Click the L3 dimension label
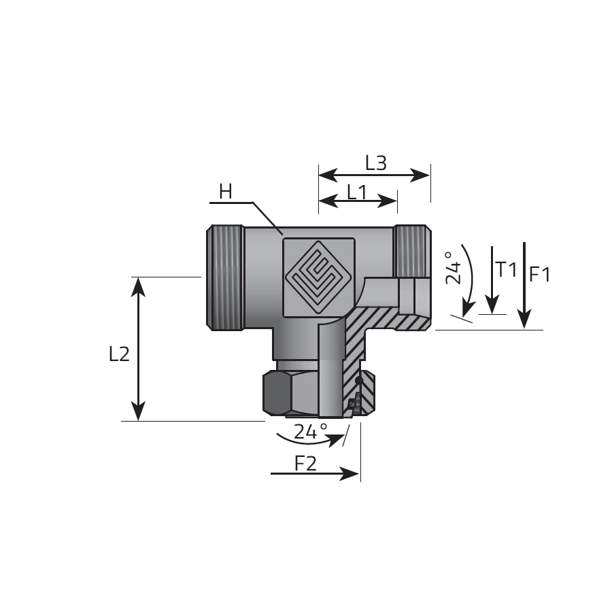[375, 163]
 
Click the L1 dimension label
[357, 192]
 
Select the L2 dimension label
[119, 354]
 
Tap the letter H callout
[225, 192]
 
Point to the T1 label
[507, 270]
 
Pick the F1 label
[540, 275]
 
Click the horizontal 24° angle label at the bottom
[310, 430]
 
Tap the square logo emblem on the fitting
[318, 277]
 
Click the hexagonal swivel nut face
[275, 394]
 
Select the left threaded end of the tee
[224, 277]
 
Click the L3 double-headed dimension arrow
[375, 175]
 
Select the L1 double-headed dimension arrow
[358, 201]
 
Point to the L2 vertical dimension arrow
[139, 349]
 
